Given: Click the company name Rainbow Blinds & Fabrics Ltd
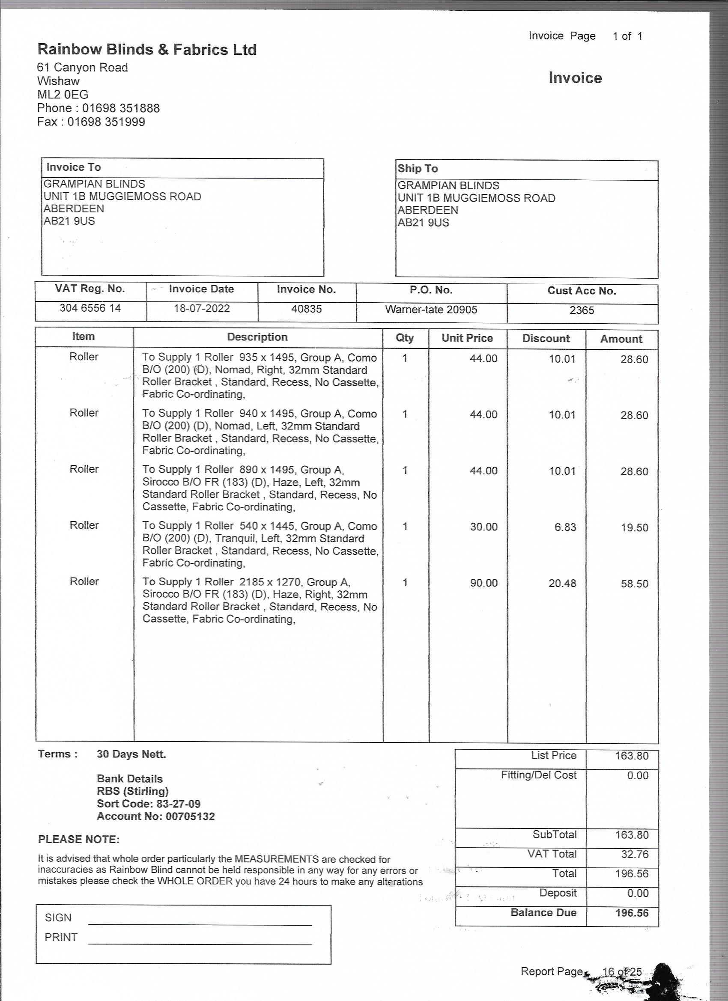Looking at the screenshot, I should (x=146, y=49).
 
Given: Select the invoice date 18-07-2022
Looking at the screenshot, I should (x=202, y=308).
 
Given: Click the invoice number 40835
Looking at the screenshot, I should (x=306, y=309).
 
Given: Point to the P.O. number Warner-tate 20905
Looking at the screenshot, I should (x=431, y=310).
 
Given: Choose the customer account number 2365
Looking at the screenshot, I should (x=582, y=310).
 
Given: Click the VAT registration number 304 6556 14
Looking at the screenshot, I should (x=90, y=308).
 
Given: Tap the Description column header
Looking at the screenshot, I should (x=257, y=337).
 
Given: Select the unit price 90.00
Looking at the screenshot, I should (x=483, y=583).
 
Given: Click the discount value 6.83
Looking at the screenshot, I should (x=565, y=527).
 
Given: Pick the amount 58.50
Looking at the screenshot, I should (x=634, y=584).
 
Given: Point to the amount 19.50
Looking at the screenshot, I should (x=634, y=527).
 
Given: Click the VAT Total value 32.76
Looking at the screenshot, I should (x=634, y=854).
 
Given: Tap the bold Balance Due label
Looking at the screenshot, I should (x=543, y=912).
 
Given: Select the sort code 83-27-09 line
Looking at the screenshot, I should (x=148, y=804).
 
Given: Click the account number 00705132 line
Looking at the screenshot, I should (x=155, y=816).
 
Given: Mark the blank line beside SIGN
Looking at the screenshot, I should (x=200, y=924).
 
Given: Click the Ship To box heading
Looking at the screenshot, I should (x=417, y=169).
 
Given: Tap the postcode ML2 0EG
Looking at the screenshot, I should (x=63, y=95).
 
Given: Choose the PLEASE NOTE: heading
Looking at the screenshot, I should (x=79, y=839).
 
